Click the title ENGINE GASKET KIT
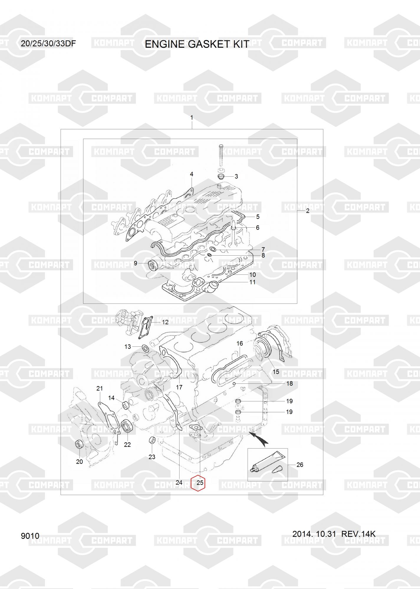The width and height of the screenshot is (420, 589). point(197,44)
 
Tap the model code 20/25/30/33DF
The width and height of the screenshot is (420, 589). point(48,44)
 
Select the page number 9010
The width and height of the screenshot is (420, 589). point(30,536)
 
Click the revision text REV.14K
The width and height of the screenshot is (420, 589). point(358,534)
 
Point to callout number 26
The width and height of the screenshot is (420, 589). point(299,465)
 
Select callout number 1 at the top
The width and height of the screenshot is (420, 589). point(192,118)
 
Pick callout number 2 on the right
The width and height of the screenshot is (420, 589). point(308,211)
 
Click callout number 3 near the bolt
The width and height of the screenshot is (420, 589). point(236,176)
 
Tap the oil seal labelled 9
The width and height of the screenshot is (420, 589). point(154,264)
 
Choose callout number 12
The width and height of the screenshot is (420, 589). point(165,322)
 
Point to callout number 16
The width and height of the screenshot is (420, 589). point(240,343)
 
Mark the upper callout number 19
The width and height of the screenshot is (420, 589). point(289,401)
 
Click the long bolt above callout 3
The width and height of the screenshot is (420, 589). point(221,156)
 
